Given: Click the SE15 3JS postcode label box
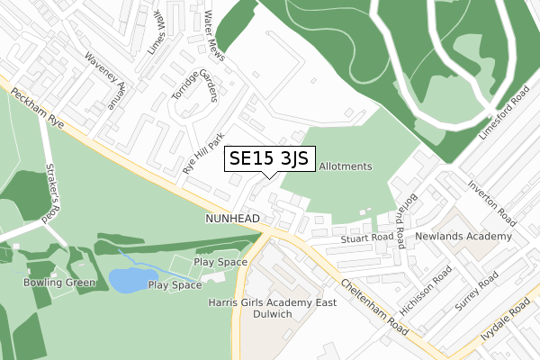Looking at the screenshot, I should point(269,159).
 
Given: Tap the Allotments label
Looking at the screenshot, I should point(346,166).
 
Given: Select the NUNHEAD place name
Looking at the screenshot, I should point(232,219).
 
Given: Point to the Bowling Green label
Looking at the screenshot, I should point(59,282).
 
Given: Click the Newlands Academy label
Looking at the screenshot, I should point(463,237).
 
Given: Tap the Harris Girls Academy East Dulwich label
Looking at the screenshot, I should point(272,309).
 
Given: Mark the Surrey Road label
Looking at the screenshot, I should point(477,291).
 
